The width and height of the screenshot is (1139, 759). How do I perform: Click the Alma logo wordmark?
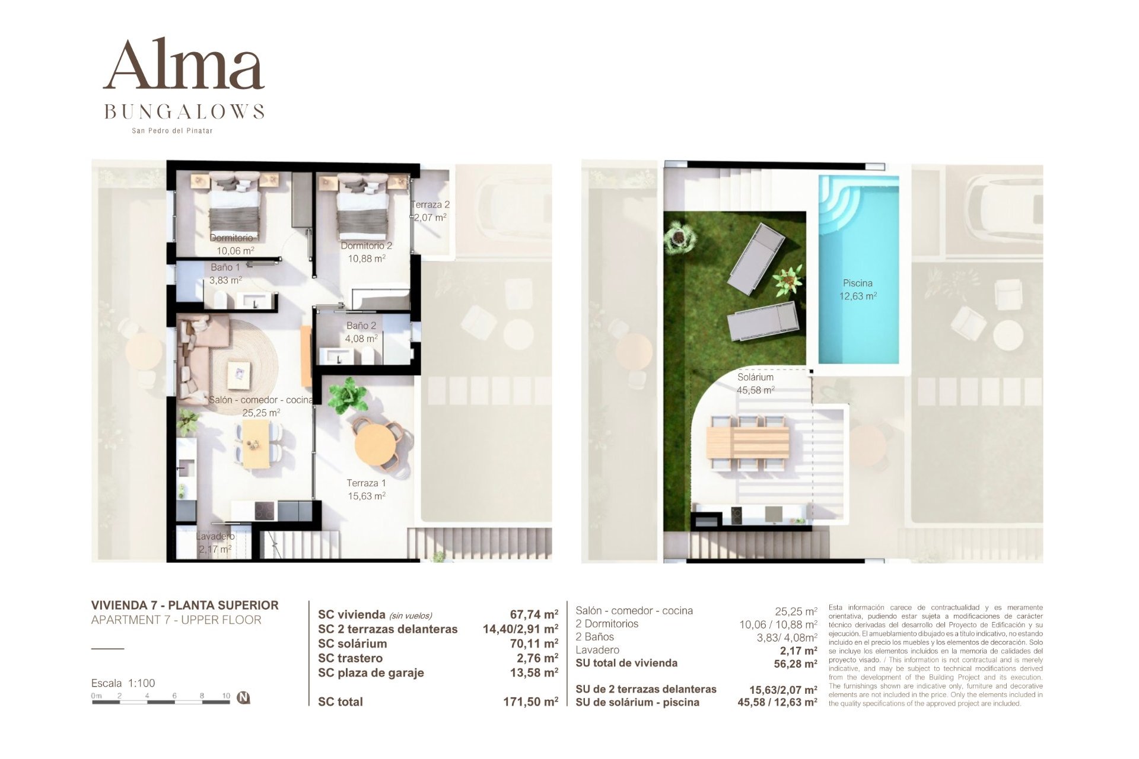click(x=184, y=65)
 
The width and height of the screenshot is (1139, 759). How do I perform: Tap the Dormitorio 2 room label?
click(x=366, y=245)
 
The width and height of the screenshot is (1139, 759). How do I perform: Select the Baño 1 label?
click(x=225, y=267)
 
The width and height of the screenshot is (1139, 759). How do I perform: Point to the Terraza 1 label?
click(x=366, y=483)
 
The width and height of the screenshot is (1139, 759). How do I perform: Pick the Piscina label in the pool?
click(x=857, y=283)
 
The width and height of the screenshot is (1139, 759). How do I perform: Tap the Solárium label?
click(x=755, y=377)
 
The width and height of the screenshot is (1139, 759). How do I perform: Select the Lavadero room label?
click(x=215, y=536)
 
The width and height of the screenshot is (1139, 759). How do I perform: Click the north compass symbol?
click(x=243, y=697)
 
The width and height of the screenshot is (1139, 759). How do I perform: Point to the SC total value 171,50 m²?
click(x=530, y=702)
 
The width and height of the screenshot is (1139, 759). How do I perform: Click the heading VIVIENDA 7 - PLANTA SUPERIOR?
click(x=184, y=605)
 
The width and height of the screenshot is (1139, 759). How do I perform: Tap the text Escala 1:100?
click(x=123, y=683)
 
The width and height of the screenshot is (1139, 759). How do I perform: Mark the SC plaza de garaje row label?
click(x=371, y=673)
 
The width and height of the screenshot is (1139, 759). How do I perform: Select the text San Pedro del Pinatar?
click(x=172, y=130)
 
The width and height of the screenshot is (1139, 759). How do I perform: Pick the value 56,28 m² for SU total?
click(x=795, y=664)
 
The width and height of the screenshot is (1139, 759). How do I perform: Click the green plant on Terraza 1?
click(x=347, y=396)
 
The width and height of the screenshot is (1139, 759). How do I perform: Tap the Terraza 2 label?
click(x=431, y=205)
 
